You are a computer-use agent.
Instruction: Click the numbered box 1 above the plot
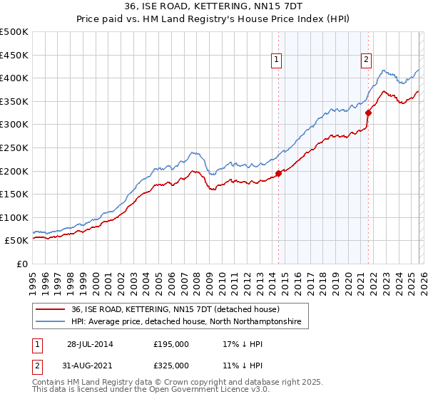276,61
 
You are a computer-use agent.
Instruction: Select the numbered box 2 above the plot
366,61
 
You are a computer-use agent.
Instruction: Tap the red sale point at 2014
278,173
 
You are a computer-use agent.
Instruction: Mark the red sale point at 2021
369,113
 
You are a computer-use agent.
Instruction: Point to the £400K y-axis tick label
14,78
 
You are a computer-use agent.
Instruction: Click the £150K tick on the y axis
14,194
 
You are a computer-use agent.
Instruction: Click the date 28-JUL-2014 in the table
90,343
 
